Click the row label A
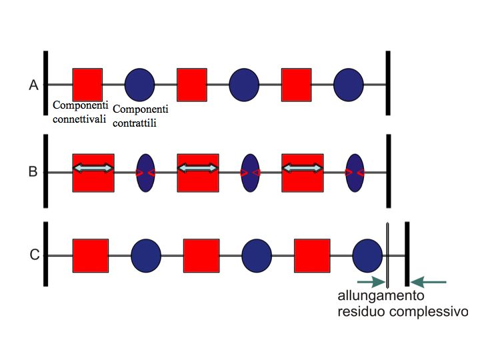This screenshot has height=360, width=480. pyautogui.click(x=33, y=85)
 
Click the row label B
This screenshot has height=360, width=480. pyautogui.click(x=33, y=171)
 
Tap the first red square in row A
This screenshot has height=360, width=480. pyautogui.click(x=87, y=84)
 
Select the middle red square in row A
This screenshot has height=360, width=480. pyautogui.click(x=192, y=84)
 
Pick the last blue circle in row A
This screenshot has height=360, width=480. pyautogui.click(x=349, y=84)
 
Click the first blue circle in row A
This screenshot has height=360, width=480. pyautogui.click(x=140, y=84)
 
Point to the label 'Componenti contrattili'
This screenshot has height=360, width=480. pyautogui.click(x=141, y=115)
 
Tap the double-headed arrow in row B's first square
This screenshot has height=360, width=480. pyautogui.click(x=93, y=169)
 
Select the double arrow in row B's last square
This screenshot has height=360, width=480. pyautogui.click(x=303, y=169)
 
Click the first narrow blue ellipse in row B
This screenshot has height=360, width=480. pyautogui.click(x=145, y=173)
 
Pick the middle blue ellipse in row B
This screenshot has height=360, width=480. pyautogui.click(x=250, y=173)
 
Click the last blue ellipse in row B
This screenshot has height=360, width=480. pyautogui.click(x=355, y=173)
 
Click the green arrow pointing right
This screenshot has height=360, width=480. pyautogui.click(x=372, y=281)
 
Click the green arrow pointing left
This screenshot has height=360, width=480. pyautogui.click(x=428, y=281)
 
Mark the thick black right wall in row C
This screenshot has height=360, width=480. pyautogui.click(x=407, y=254)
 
